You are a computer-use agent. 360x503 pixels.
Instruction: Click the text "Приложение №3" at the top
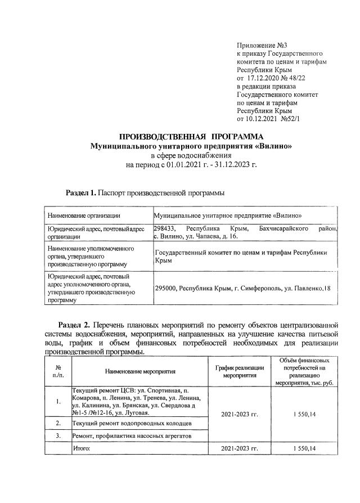click(x=262, y=44)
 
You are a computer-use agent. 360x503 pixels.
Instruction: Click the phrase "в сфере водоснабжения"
click(x=191, y=155)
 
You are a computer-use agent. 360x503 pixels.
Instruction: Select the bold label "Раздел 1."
click(x=81, y=194)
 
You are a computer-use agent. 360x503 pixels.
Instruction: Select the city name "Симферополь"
click(x=265, y=288)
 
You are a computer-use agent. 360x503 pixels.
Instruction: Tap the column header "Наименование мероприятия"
click(x=140, y=371)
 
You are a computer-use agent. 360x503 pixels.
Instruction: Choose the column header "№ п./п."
click(x=58, y=371)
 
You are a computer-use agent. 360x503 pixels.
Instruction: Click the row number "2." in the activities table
click(x=58, y=423)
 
